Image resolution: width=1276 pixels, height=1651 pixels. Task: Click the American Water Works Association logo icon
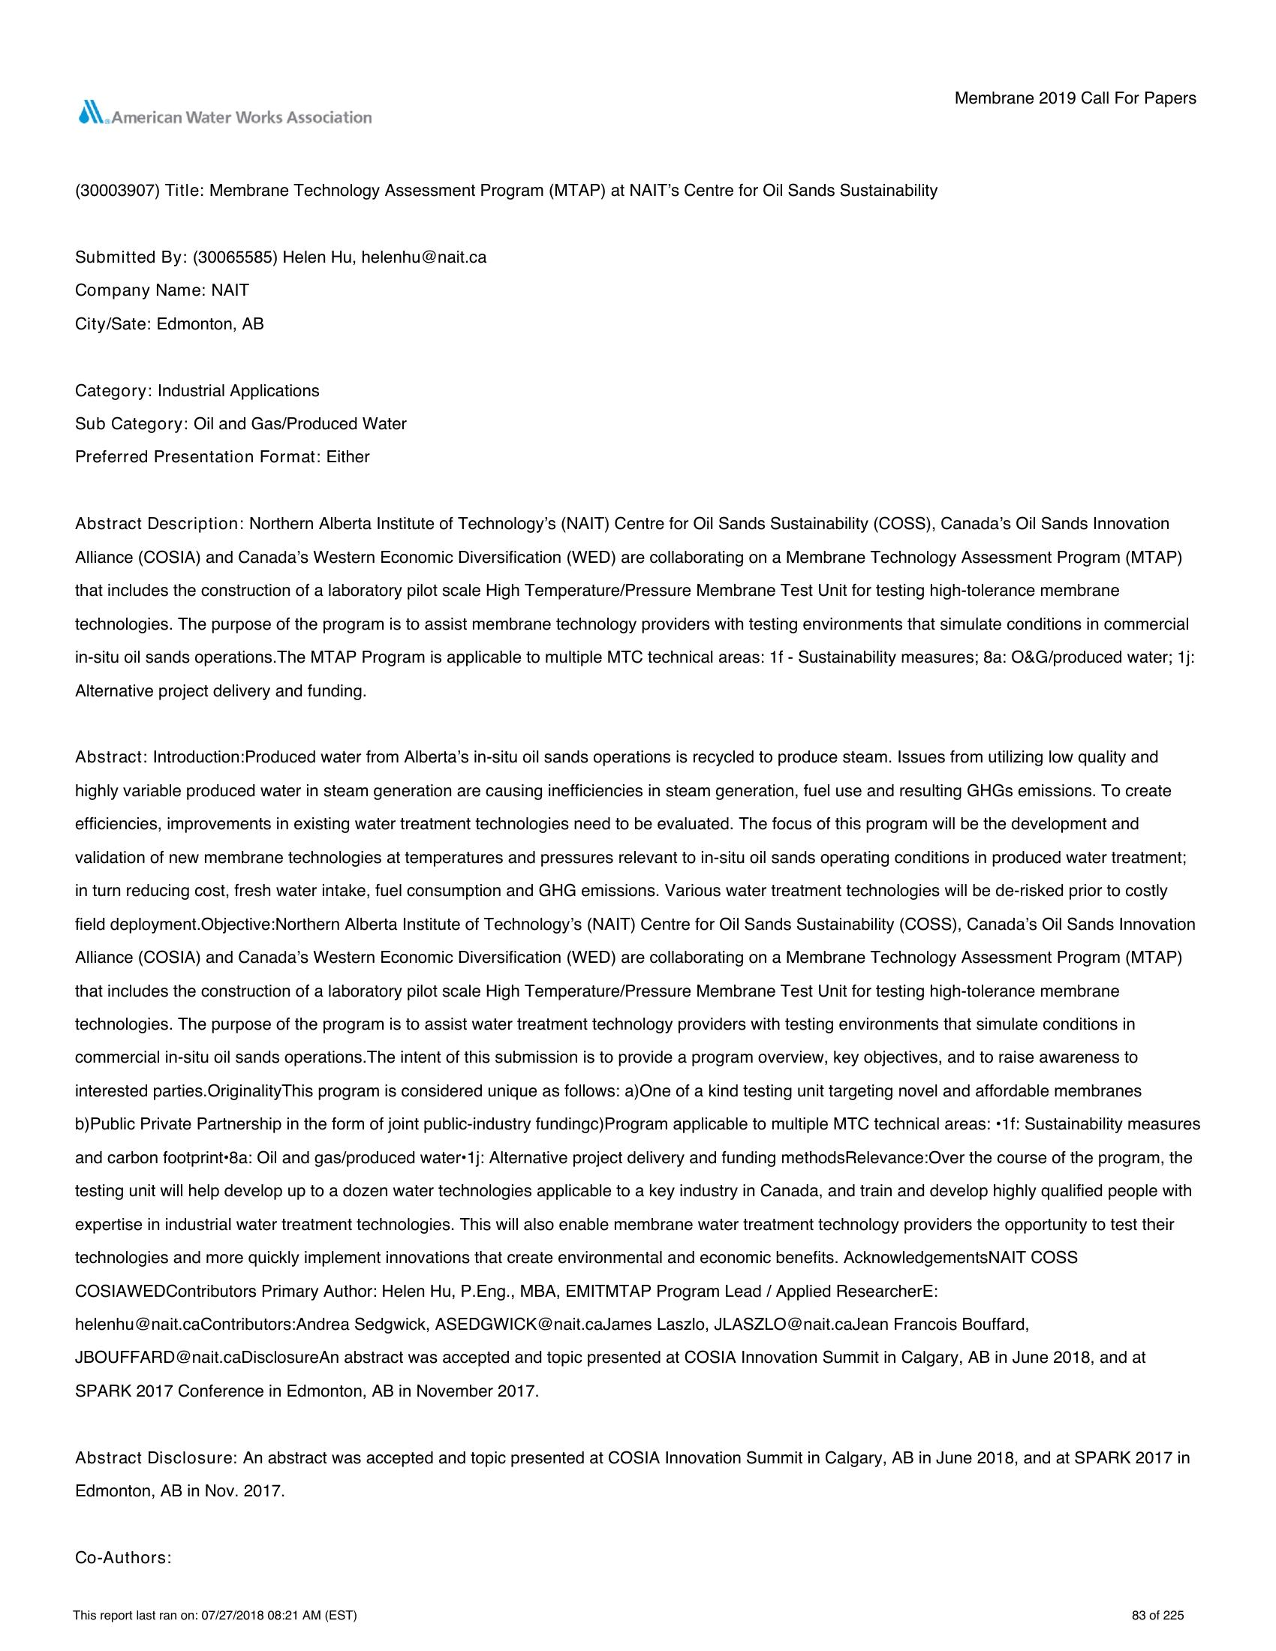pos(93,113)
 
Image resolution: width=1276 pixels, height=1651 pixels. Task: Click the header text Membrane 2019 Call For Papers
pos(1075,98)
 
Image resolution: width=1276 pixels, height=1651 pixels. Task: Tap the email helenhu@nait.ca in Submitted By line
pos(423,257)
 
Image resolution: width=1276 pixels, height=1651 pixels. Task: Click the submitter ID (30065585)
pos(235,257)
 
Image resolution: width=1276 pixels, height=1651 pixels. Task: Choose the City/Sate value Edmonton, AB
pos(210,323)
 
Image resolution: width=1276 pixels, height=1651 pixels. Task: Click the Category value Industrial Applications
pos(238,391)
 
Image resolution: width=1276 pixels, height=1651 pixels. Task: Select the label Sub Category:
pos(131,424)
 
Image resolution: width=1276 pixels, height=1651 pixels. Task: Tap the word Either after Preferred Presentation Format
pos(348,457)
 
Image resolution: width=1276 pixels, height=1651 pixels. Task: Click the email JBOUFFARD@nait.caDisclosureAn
pos(197,1358)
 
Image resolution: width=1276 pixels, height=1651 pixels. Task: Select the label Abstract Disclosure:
pos(157,1457)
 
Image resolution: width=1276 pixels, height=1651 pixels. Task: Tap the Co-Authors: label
pos(123,1557)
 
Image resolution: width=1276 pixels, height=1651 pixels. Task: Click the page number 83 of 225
pos(1157,1616)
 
